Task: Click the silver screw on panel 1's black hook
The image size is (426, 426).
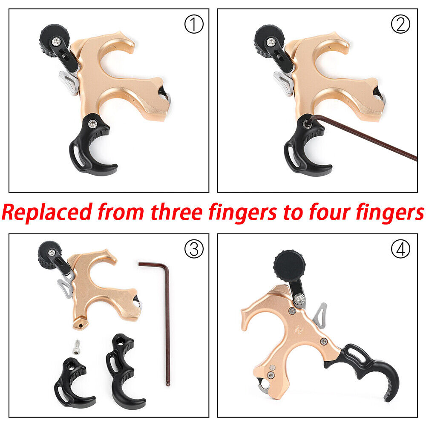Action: tap(92, 124)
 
